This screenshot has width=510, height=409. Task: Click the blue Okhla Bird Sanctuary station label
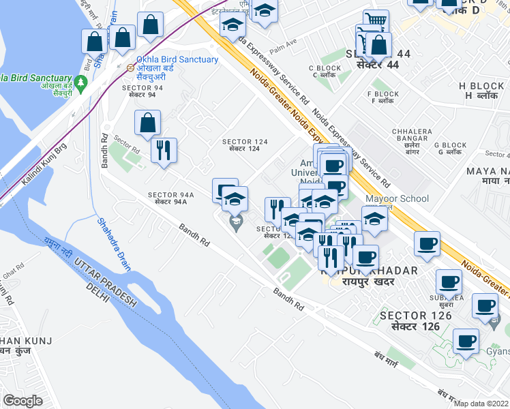tap(177, 59)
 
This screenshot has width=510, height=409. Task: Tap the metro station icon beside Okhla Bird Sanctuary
tap(130, 67)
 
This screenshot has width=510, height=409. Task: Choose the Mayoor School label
tap(397, 199)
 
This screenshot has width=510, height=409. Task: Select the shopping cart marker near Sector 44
tap(375, 20)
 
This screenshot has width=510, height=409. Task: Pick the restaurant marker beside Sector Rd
tap(164, 149)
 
